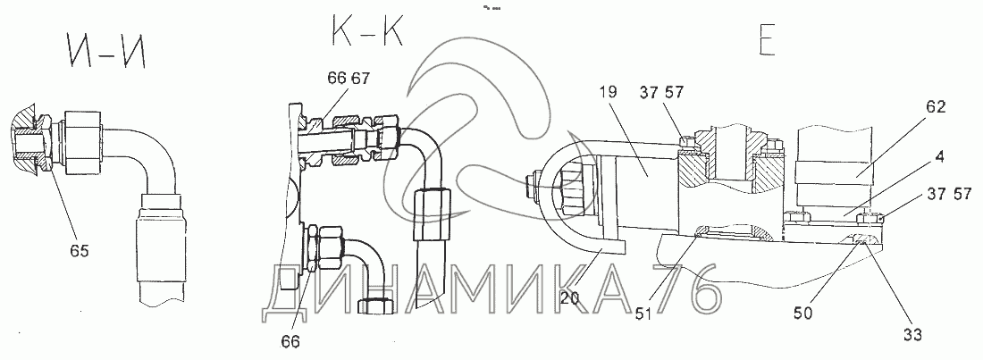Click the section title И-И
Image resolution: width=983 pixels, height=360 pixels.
click(105, 52)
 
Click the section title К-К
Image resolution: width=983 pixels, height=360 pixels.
click(365, 29)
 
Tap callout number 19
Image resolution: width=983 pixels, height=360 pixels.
click(609, 92)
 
